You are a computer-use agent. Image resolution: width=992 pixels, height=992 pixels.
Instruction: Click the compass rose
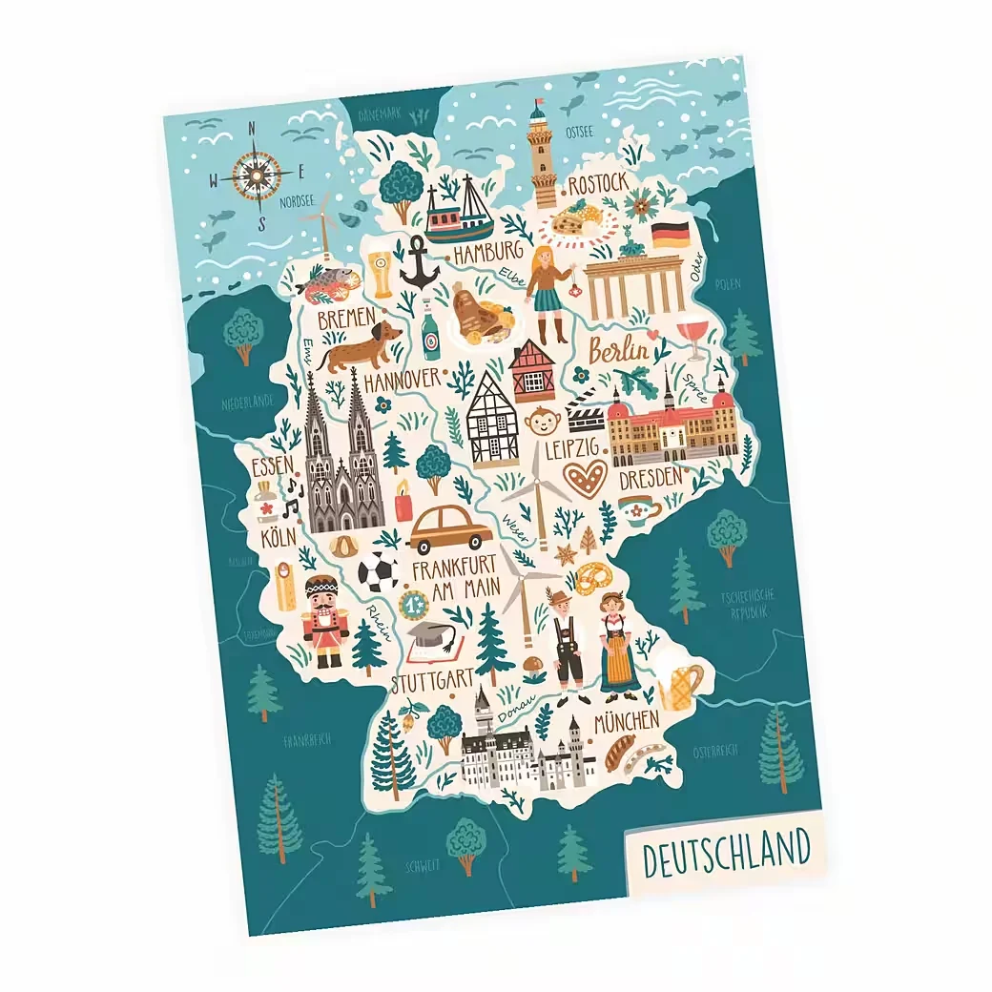click(x=257, y=175)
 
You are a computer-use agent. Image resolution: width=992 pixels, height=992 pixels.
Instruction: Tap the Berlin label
click(x=618, y=351)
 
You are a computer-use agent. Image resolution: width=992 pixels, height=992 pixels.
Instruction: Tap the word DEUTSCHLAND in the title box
click(x=726, y=853)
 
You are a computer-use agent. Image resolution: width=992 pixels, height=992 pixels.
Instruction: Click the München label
click(x=627, y=720)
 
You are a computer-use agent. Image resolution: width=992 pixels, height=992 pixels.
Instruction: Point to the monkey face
click(x=543, y=421)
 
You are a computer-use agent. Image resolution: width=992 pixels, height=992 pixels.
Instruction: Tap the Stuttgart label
click(x=432, y=681)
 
